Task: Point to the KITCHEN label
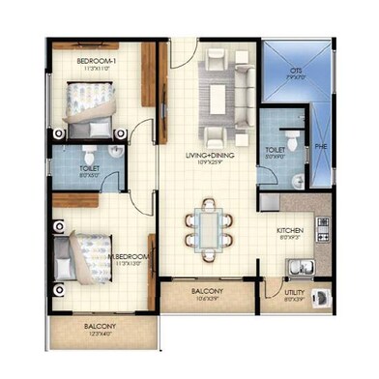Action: click(x=291, y=230)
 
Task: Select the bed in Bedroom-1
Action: click(x=92, y=104)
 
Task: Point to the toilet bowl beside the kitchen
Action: click(x=289, y=134)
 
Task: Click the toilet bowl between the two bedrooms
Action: click(x=89, y=155)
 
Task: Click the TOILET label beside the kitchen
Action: click(x=275, y=150)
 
